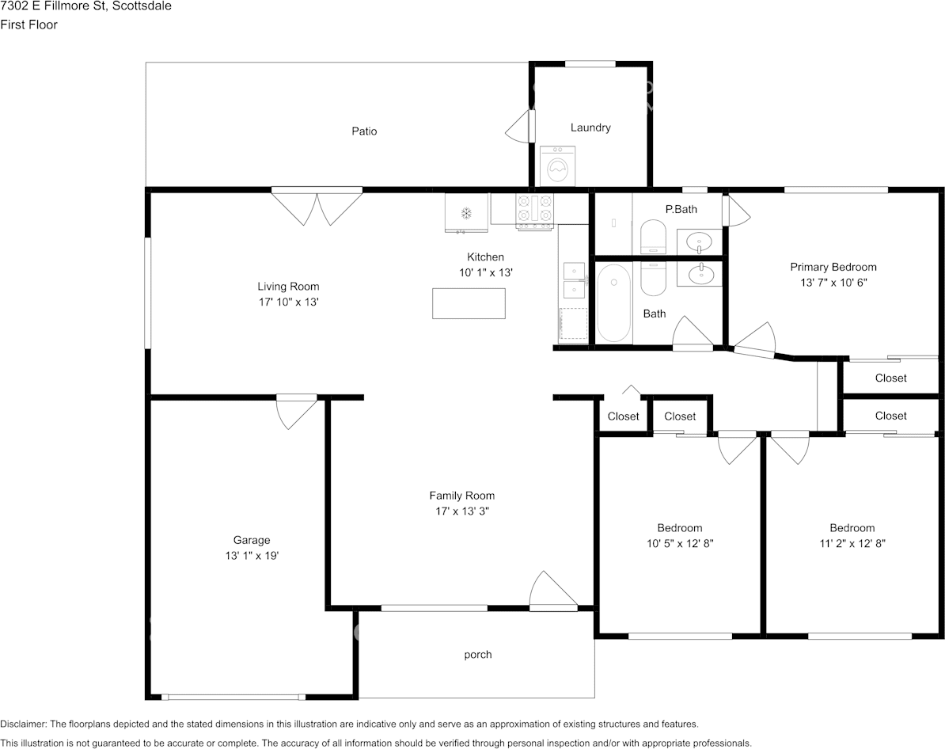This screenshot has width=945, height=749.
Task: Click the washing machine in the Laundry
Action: tap(557, 165)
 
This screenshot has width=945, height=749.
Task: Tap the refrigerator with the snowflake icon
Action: tap(466, 212)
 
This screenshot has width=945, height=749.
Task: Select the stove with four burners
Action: tap(534, 211)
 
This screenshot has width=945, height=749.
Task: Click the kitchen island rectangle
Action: tap(469, 303)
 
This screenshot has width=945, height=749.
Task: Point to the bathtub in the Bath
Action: tap(613, 302)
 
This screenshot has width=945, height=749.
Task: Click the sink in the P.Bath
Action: tap(699, 241)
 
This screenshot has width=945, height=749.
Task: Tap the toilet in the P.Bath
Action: tap(653, 237)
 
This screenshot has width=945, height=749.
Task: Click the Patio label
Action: tap(365, 131)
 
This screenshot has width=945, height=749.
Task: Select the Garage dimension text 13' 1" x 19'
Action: tap(252, 556)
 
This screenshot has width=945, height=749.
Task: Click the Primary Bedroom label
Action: tap(833, 267)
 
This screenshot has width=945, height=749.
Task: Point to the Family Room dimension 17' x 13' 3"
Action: tap(462, 511)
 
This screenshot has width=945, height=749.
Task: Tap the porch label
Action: tap(478, 654)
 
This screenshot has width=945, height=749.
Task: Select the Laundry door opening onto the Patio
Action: tap(519, 127)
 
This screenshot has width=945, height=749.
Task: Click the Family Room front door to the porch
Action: tap(552, 591)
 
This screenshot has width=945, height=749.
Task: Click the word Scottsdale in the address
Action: tap(142, 6)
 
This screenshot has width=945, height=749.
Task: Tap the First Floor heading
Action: tap(29, 25)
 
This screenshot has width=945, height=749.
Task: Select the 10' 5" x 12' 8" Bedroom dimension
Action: tap(681, 543)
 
